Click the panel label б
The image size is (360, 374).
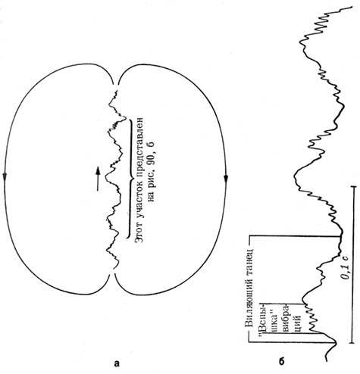282,361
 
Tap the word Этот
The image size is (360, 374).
139,232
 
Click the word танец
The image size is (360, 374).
252,257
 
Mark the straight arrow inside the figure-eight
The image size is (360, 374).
98,179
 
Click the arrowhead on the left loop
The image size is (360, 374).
5,176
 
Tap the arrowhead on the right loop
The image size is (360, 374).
226,178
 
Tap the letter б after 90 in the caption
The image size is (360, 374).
151,145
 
